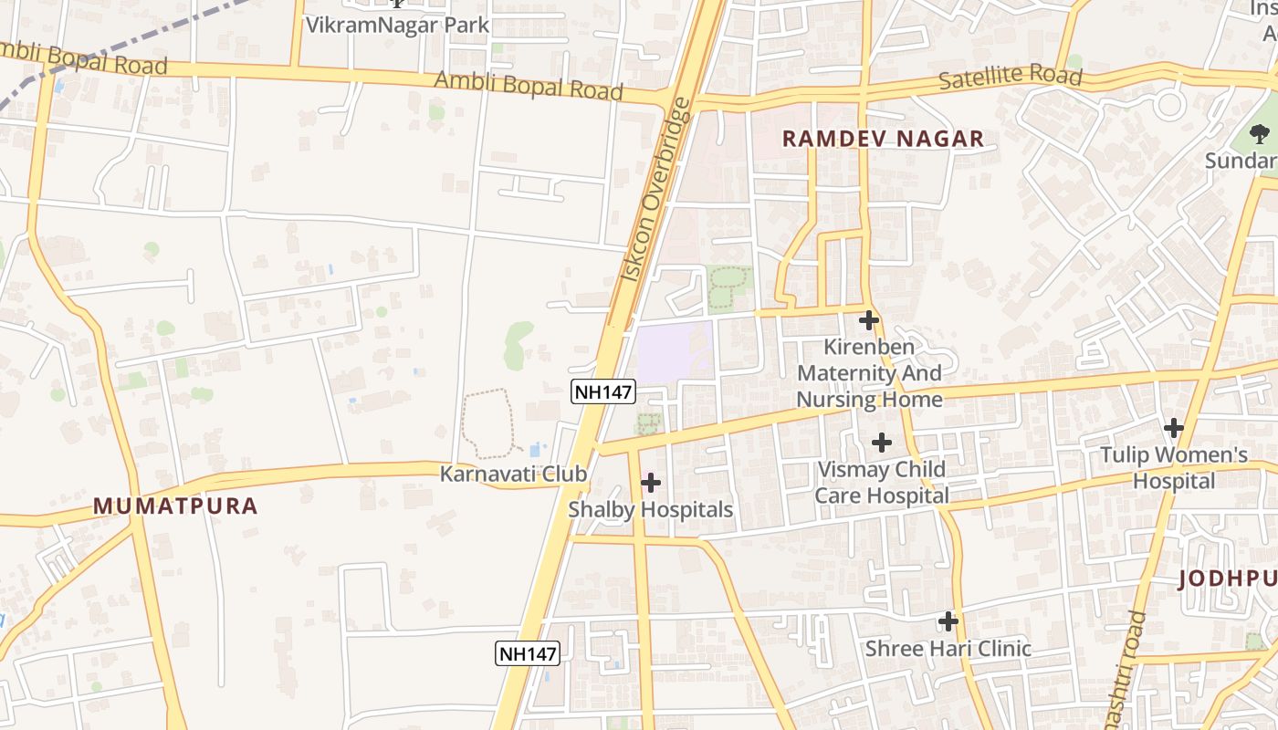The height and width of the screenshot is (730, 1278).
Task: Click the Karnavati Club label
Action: pyautogui.click(x=513, y=474)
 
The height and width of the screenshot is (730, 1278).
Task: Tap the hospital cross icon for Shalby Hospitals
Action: pyautogui.click(x=651, y=482)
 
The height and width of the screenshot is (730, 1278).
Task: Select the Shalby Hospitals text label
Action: pyautogui.click(x=651, y=509)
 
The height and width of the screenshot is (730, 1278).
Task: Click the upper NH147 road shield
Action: pyautogui.click(x=602, y=392)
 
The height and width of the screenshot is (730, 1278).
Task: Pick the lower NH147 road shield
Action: pyautogui.click(x=528, y=653)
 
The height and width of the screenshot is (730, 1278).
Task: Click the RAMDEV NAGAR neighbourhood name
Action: pyautogui.click(x=883, y=139)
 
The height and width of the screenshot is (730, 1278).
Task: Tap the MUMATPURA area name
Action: pyautogui.click(x=175, y=506)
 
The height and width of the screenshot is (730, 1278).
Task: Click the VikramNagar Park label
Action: pyautogui.click(x=397, y=25)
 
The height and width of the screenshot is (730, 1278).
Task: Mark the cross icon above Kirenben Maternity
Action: pyautogui.click(x=869, y=320)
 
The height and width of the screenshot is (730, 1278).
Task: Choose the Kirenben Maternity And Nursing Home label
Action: pyautogui.click(x=869, y=373)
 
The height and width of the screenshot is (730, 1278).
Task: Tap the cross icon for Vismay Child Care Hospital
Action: pyautogui.click(x=881, y=443)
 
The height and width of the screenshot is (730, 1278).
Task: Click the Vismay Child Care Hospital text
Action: pyautogui.click(x=881, y=483)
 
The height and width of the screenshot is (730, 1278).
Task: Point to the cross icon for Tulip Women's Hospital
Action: pyautogui.click(x=1174, y=427)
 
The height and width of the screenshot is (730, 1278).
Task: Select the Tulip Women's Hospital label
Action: pyautogui.click(x=1174, y=467)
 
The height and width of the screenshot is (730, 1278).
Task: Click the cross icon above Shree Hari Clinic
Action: pyautogui.click(x=948, y=621)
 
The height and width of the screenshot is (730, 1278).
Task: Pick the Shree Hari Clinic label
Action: pyautogui.click(x=948, y=649)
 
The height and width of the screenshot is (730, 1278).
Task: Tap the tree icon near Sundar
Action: pyautogui.click(x=1260, y=135)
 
